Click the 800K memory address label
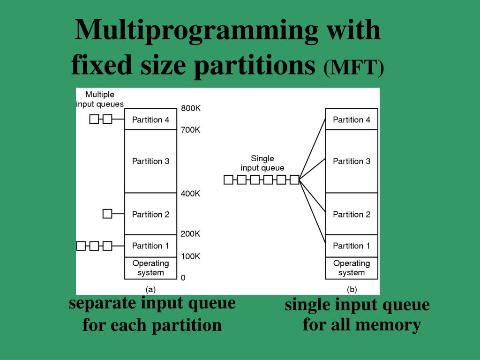click(191, 108)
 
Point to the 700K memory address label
click(191, 130)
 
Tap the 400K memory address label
click(191, 194)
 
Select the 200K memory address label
click(191, 234)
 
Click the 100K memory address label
click(191, 256)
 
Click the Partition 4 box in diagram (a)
click(150, 120)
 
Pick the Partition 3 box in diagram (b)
click(352, 161)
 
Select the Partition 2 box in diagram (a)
click(150, 214)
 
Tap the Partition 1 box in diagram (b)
click(352, 246)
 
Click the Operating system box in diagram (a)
click(150, 268)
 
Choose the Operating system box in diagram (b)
click(352, 268)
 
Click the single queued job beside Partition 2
click(107, 214)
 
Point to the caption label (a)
click(150, 289)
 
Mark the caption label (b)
click(352, 289)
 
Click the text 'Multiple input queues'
click(100, 99)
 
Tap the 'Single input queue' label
click(262, 163)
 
